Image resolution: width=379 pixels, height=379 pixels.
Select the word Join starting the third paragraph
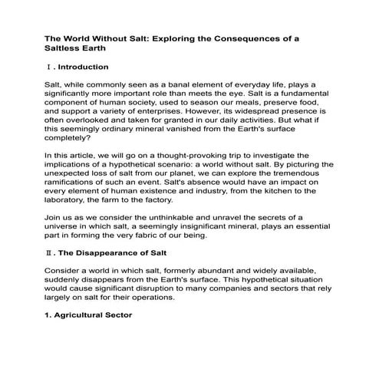point(54,239)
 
